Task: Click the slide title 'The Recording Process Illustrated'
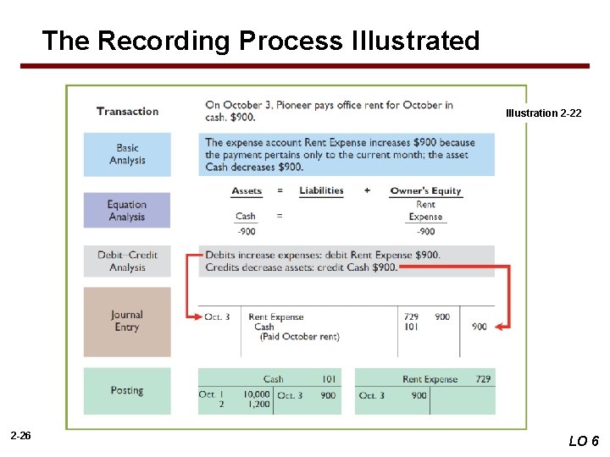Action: coord(261,40)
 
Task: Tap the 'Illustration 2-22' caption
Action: coord(543,113)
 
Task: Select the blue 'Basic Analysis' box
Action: coord(127,154)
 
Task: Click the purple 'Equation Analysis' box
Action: coord(127,210)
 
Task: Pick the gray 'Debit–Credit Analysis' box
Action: coord(127,261)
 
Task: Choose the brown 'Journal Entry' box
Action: coord(127,321)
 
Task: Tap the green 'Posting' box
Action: coord(127,390)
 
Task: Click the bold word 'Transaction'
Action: coord(127,111)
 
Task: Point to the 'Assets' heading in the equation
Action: coord(247,190)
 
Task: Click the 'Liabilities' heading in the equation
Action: coord(321,190)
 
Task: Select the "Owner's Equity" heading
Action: coord(425,190)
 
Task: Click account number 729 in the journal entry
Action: coord(412,317)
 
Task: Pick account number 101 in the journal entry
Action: coord(412,327)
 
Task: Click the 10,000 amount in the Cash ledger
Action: coord(256,394)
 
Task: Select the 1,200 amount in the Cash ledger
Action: coord(258,405)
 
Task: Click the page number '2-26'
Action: coord(21,436)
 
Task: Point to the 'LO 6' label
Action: coord(584,440)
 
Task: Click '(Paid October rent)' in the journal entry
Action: coord(299,337)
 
